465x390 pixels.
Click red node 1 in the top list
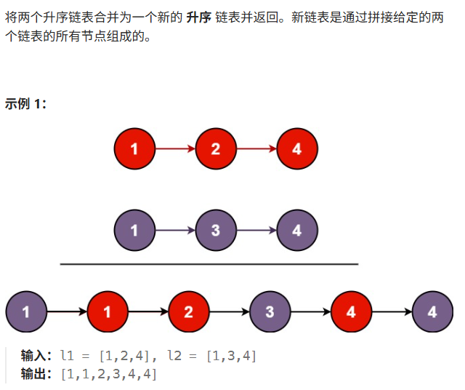(134, 149)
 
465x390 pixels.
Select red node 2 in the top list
(216, 149)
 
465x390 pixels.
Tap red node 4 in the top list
(296, 149)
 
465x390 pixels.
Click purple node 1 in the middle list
(134, 231)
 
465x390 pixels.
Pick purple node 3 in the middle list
(216, 231)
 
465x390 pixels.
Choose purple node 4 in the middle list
(296, 231)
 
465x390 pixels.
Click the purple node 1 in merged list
(26, 312)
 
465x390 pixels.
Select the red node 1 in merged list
(108, 312)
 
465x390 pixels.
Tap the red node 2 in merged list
(189, 312)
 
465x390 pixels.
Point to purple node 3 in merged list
(270, 312)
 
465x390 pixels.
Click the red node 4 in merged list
(352, 312)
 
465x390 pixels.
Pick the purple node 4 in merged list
(432, 312)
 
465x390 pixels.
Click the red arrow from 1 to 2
(175, 149)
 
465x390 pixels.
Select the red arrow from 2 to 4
(256, 149)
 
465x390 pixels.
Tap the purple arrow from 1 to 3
(175, 231)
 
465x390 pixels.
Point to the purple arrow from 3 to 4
(256, 231)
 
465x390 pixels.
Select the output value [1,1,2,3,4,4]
(109, 374)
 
